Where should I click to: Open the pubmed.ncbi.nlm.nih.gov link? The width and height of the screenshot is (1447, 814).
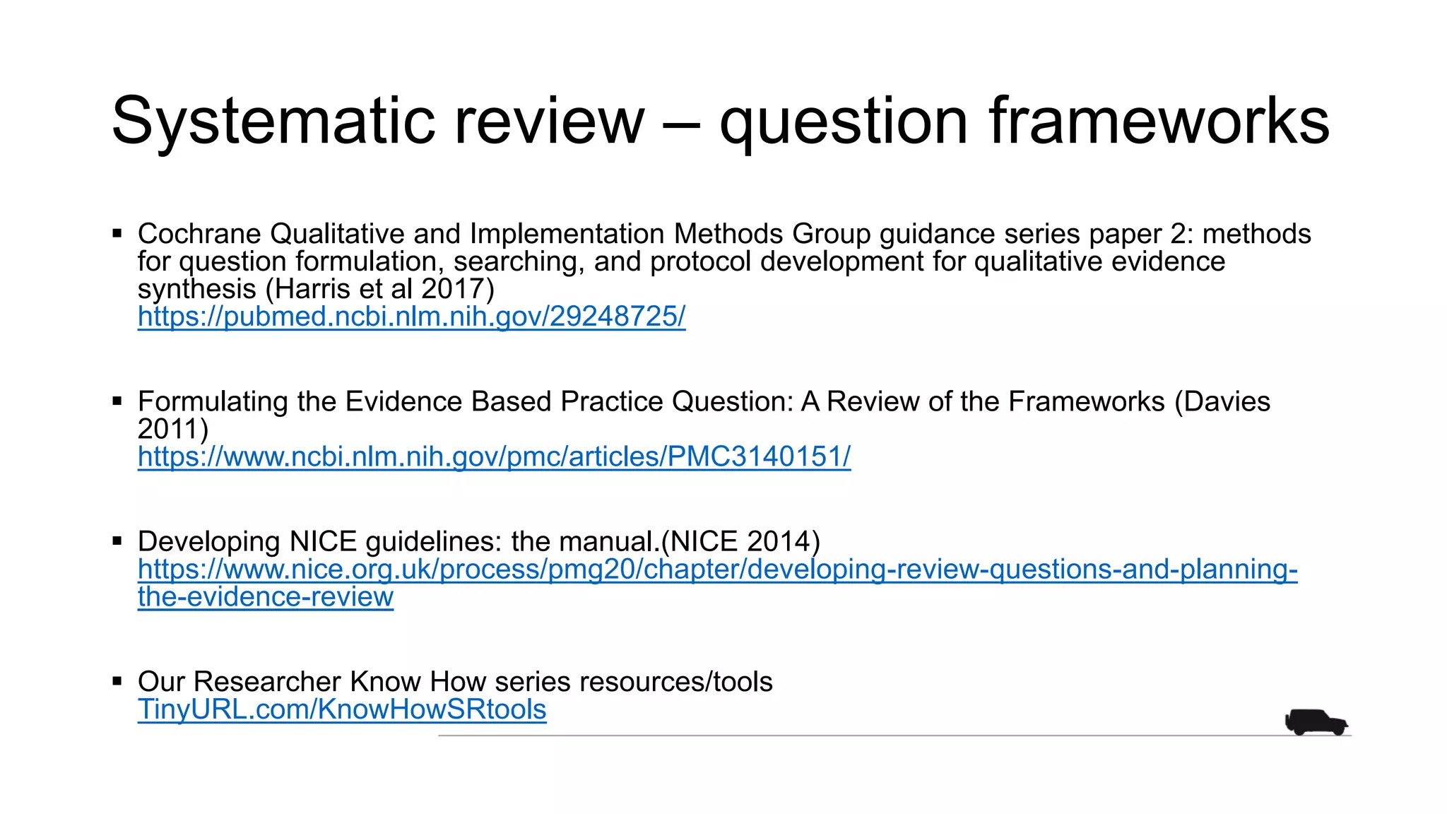tap(411, 317)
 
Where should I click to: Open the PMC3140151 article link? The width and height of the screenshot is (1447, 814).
tap(494, 457)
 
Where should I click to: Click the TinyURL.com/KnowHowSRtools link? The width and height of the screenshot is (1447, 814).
tap(342, 709)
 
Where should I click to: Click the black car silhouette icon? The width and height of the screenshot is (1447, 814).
tap(1316, 722)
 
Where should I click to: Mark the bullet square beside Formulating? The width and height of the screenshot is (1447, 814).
tap(117, 401)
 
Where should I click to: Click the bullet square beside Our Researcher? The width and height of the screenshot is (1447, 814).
tap(117, 682)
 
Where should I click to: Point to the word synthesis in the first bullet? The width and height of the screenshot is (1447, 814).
tap(196, 289)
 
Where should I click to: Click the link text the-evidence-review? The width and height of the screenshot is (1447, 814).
tap(266, 597)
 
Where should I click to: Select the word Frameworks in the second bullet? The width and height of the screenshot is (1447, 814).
tap(1086, 401)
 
